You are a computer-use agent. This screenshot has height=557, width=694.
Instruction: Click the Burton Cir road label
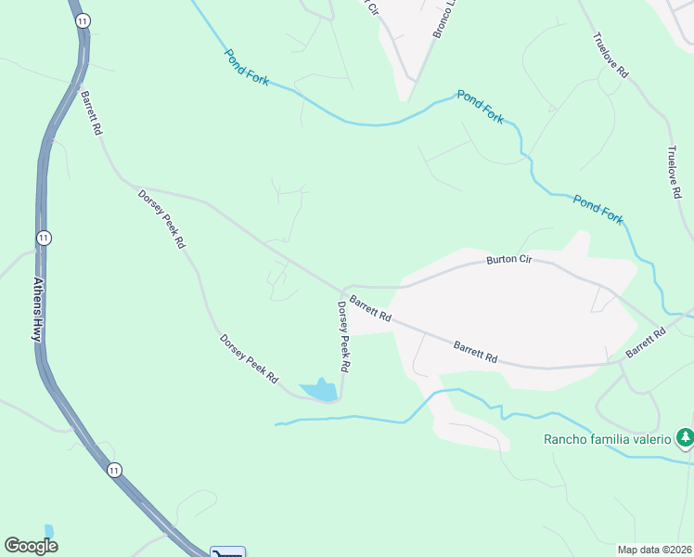coord(508,261)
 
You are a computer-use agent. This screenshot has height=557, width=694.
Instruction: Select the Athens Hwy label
coord(38,309)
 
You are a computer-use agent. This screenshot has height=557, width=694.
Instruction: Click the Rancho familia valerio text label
coord(607,439)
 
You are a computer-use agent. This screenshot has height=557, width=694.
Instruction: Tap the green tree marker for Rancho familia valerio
coord(685,436)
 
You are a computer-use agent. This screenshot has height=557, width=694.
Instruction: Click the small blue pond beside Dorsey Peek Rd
coord(318,391)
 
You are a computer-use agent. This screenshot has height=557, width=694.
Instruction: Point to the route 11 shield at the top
coord(84,19)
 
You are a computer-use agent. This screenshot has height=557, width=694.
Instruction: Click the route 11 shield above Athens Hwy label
coord(43,238)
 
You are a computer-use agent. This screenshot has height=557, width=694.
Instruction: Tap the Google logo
coord(31,546)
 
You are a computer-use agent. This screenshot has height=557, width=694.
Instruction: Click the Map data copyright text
coord(654,550)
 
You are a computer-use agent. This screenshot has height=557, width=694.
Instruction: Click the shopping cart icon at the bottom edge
coord(227,552)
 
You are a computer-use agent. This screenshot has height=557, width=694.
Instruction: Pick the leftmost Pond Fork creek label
coord(246,68)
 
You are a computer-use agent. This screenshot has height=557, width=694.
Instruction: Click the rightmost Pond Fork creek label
coord(598,209)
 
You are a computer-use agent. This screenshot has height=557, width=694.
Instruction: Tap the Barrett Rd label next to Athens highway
coord(90,113)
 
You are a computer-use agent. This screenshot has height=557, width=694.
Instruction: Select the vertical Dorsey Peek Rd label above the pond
coord(343,336)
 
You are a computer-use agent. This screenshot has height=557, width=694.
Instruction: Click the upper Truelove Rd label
coord(610,56)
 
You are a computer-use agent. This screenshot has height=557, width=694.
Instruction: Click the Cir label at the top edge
coord(371,6)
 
